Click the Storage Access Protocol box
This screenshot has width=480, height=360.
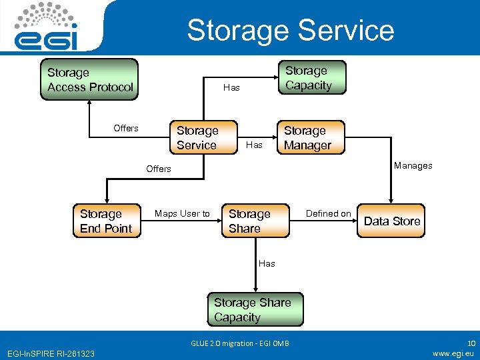pyautogui.click(x=89, y=79)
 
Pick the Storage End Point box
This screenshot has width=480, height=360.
pyautogui.click(x=106, y=221)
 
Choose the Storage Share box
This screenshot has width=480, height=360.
pyautogui.click(x=255, y=221)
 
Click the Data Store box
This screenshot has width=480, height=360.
pyautogui.click(x=392, y=221)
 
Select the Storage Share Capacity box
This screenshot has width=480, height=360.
pyautogui.click(x=253, y=310)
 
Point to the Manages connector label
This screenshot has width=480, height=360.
pyautogui.click(x=413, y=165)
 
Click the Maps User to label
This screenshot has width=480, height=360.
pyautogui.click(x=182, y=213)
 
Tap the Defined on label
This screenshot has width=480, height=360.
pyautogui.click(x=328, y=213)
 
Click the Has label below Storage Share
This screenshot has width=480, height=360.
pyautogui.click(x=267, y=263)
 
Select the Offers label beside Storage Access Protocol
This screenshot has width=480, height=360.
pyautogui.click(x=126, y=128)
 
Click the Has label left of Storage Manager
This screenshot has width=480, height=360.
pyautogui.click(x=255, y=144)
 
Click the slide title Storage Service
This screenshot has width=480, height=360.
pyautogui.click(x=290, y=30)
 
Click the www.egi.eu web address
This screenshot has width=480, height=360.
pyautogui.click(x=453, y=353)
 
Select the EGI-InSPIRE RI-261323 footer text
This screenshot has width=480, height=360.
pyautogui.click(x=51, y=353)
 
